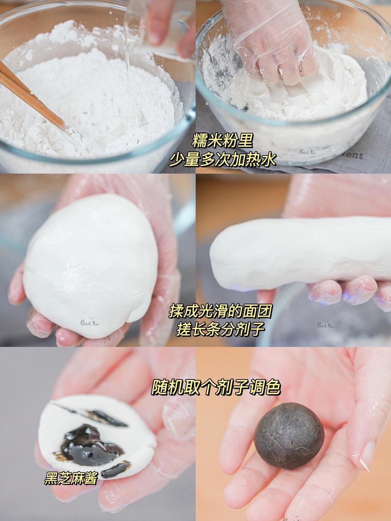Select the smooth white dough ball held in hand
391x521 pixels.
90,265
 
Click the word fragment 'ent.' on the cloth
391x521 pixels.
355,155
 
